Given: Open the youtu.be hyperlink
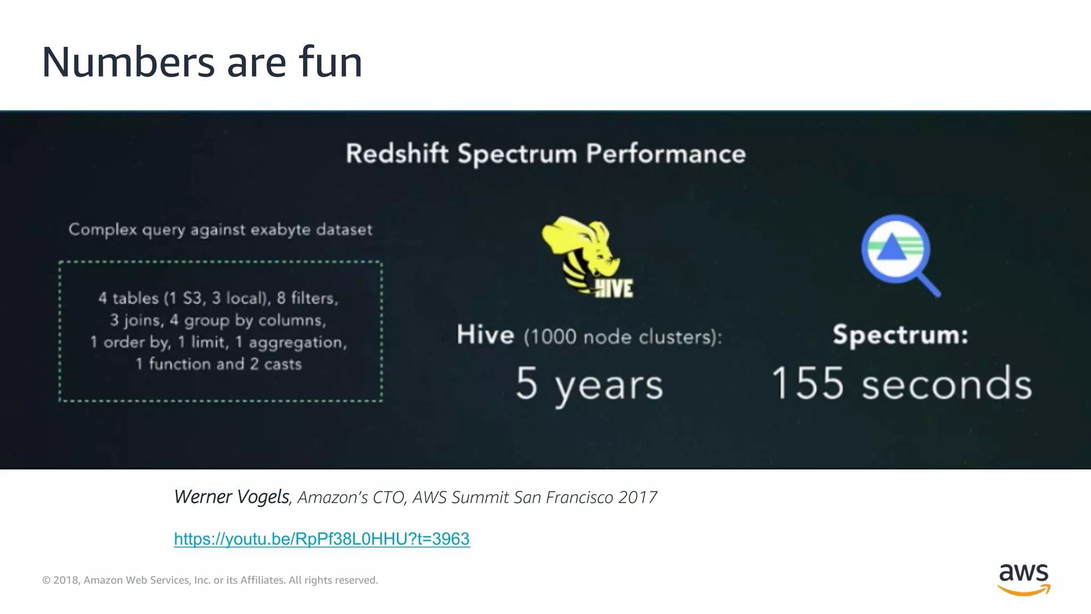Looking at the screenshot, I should pos(322,539).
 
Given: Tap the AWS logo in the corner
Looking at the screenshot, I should pos(1023,579).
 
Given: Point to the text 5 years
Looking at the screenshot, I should pos(589,384).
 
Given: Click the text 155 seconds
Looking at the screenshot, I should pos(901,384).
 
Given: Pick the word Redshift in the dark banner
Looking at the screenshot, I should pos(397,153).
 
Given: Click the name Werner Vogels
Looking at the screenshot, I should pos(231,497).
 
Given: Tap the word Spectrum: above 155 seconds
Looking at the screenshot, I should pos(900,335).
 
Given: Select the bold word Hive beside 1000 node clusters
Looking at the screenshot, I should pos(485,335).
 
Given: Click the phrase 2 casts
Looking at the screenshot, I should pos(276,364).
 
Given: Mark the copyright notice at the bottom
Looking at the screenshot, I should pos(210,580).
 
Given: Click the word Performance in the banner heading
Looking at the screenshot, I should pos(666,153).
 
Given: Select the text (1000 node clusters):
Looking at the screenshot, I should pos(623,337).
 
